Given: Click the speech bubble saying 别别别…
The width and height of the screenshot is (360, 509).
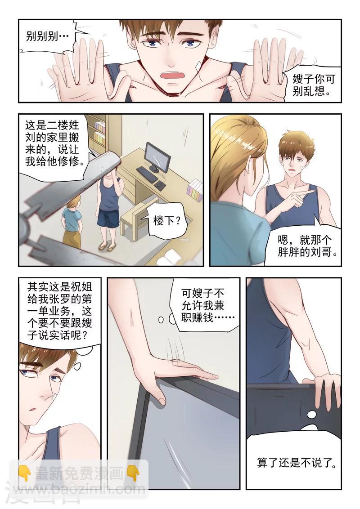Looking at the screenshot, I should point(47,36).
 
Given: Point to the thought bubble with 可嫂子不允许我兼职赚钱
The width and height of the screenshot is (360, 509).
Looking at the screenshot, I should point(202,306).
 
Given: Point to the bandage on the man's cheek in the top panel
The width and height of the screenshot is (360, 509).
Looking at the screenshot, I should point(198,66).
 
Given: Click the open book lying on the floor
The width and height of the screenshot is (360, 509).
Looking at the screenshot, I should point(171,257).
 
